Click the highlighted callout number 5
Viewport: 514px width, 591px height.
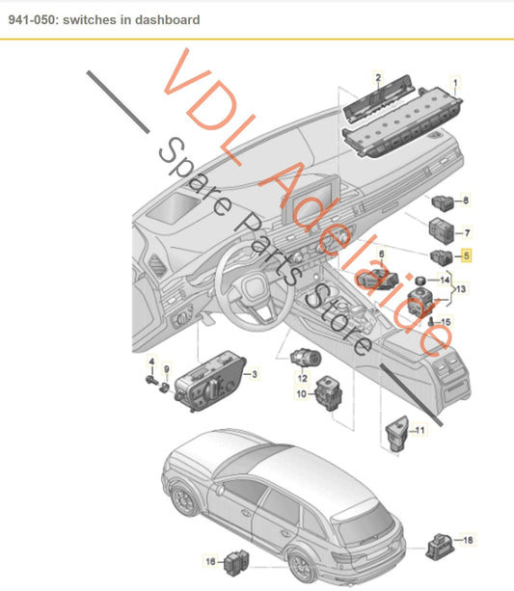tap(467, 256)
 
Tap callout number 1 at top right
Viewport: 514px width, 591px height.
tap(456, 82)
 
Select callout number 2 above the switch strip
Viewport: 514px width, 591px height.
tap(378, 76)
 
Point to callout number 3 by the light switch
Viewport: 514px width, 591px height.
tap(254, 374)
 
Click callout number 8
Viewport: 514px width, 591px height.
tap(467, 201)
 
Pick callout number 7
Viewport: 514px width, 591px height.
tap(467, 232)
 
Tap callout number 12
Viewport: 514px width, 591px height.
tap(301, 379)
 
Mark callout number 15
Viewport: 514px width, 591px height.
tap(446, 321)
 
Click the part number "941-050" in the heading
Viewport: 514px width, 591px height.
tap(31, 19)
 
